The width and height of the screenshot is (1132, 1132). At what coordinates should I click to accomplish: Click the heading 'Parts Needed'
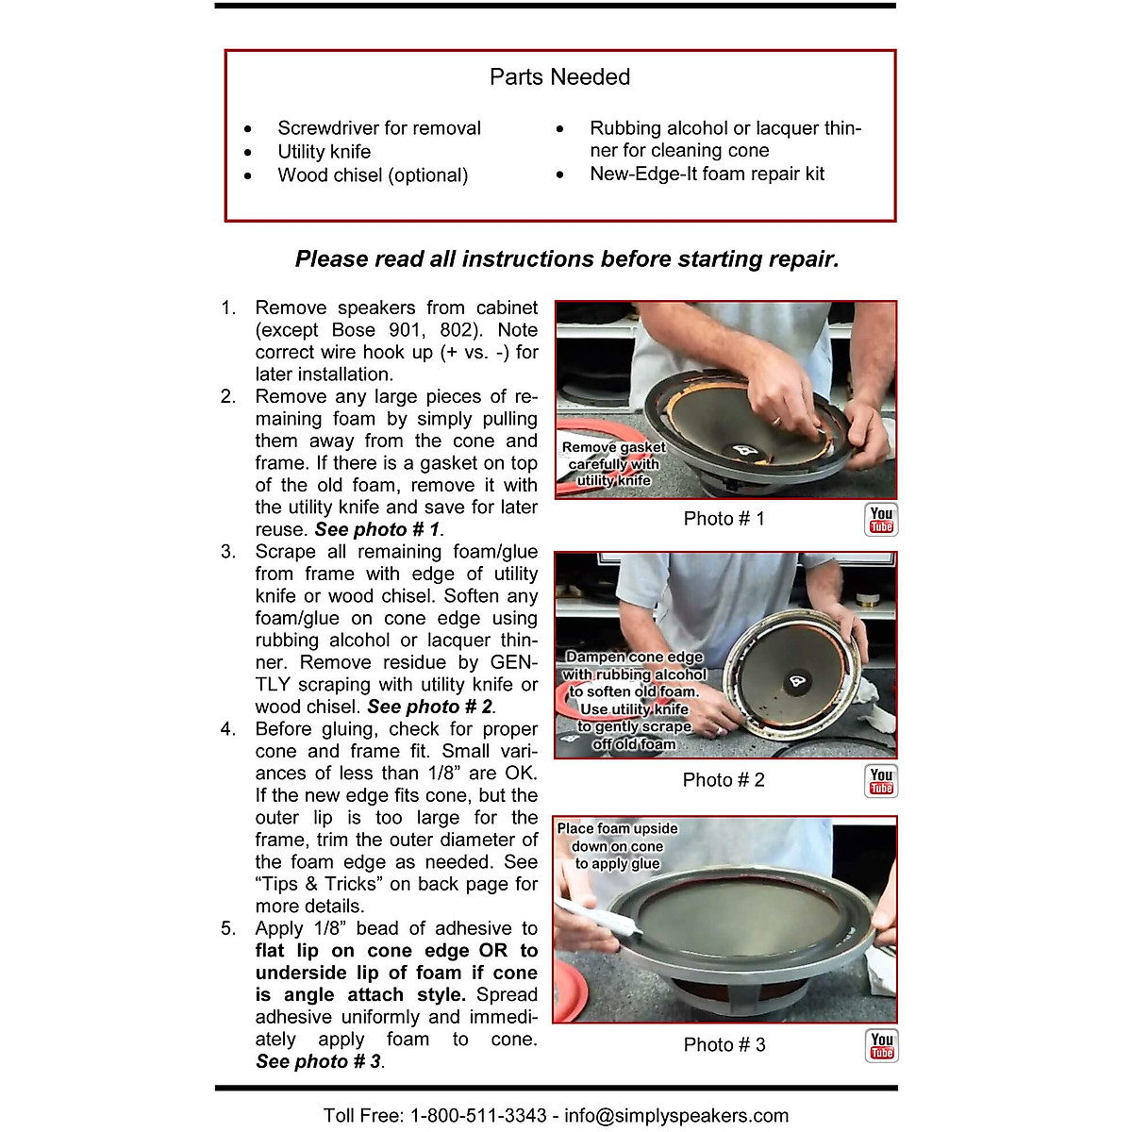point(559,77)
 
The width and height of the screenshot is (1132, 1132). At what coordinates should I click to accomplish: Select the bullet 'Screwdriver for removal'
point(378,128)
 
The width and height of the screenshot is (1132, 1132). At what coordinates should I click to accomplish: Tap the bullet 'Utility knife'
point(324,152)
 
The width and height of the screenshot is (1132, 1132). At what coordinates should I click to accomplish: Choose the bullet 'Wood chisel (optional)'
point(372,175)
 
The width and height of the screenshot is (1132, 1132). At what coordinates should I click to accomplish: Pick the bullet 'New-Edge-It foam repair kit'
point(707,174)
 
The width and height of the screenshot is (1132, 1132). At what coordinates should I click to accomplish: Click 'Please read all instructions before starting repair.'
point(566,259)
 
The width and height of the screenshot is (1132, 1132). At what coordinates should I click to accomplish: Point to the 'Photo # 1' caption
point(724,519)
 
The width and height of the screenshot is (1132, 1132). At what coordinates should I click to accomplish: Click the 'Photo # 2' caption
point(724,780)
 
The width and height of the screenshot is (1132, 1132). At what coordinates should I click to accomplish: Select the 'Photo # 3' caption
point(724,1045)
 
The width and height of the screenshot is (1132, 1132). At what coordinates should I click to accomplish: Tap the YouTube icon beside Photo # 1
point(881,520)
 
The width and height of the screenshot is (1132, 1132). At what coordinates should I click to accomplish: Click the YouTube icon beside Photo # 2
point(881,781)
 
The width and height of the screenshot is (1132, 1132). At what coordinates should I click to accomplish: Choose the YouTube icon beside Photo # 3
point(881,1045)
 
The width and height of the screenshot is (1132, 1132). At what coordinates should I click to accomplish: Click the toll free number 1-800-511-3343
point(477,1116)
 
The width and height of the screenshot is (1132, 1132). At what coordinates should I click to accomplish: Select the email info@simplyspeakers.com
point(676,1116)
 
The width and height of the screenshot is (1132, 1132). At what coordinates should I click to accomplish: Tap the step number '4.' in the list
point(228,729)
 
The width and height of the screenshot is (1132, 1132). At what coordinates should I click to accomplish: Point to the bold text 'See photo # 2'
point(430,707)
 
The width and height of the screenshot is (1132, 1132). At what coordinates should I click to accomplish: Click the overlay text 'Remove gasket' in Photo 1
point(613,447)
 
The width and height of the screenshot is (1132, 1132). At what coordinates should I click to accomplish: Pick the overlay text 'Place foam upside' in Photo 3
point(617,829)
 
